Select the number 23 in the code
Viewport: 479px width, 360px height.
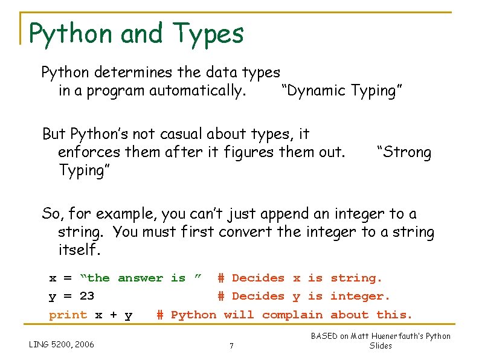tap(87, 296)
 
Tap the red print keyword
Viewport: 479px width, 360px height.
tap(68, 315)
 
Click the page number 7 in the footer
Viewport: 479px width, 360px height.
tap(232, 346)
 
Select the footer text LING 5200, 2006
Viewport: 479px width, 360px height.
tap(62, 345)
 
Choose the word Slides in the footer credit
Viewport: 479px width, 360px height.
tap(381, 346)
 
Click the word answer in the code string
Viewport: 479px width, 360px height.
tap(140, 278)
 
